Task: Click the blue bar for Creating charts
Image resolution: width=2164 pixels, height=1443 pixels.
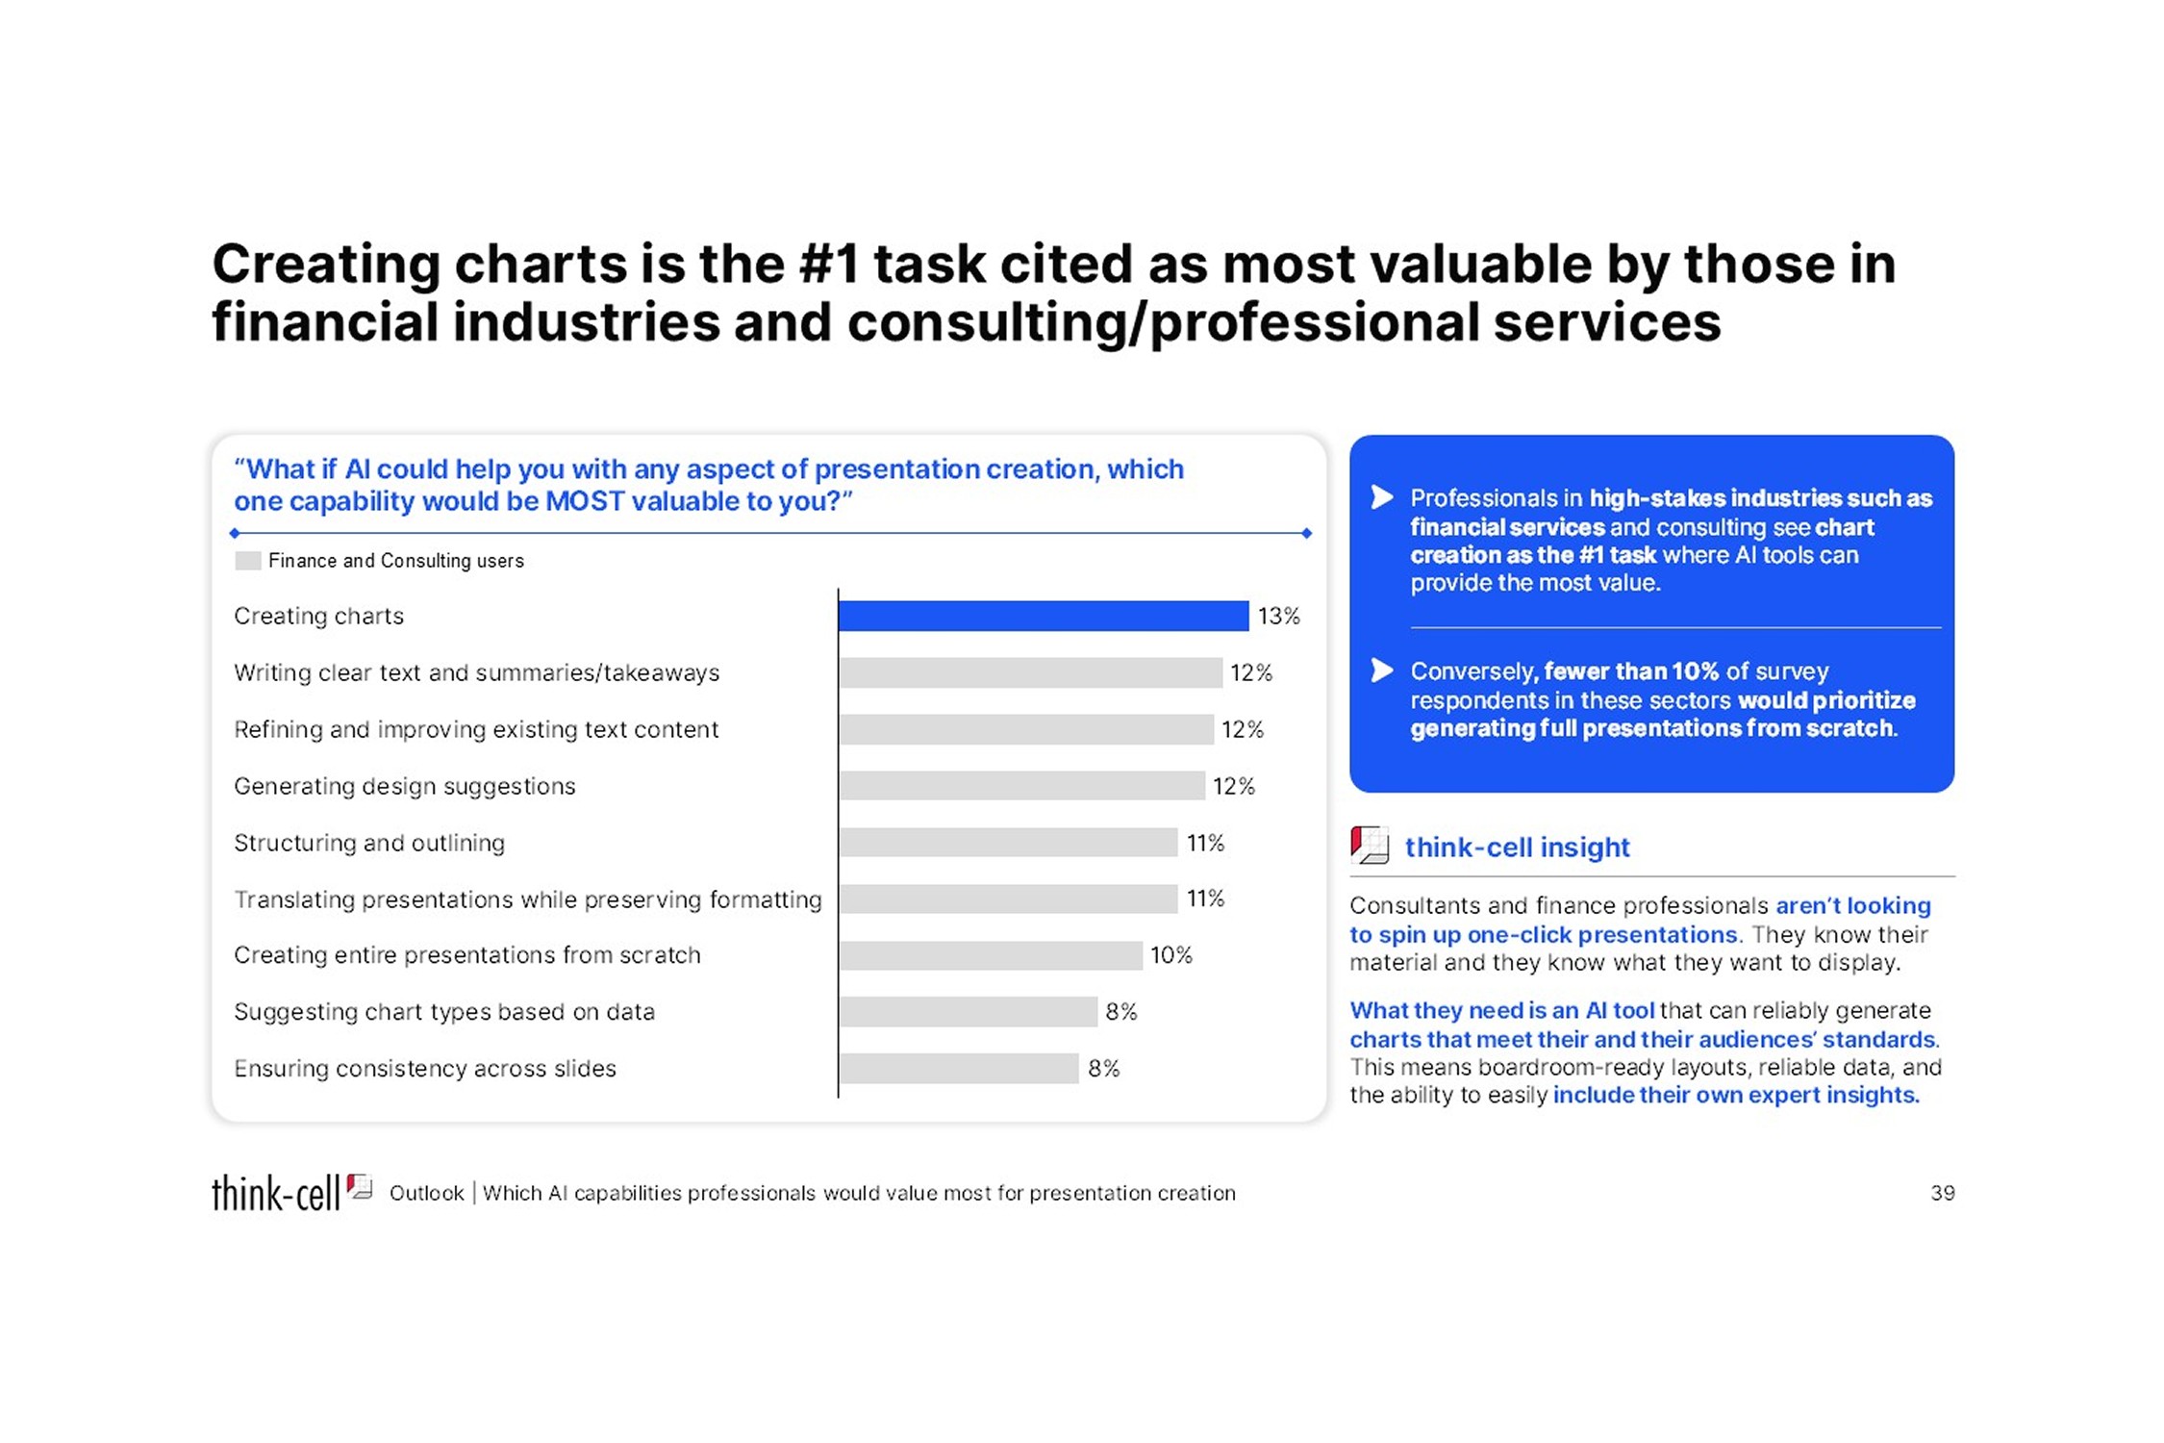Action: click(x=1044, y=616)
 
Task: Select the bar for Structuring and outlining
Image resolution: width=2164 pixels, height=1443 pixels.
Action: click(x=1008, y=843)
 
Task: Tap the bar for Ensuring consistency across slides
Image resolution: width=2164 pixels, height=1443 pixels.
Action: click(x=959, y=1069)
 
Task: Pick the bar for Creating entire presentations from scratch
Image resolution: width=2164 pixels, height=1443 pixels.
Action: click(x=991, y=955)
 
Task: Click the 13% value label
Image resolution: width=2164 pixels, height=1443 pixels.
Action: click(x=1278, y=616)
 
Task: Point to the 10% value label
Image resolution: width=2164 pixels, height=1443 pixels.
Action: click(x=1171, y=955)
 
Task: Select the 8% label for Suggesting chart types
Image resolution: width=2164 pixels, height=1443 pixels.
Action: click(x=1121, y=1012)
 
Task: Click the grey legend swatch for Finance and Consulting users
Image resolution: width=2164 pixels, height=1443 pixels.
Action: click(x=248, y=561)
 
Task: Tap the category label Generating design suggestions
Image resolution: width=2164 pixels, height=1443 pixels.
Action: click(x=405, y=787)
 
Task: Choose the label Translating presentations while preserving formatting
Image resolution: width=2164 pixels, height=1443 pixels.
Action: click(x=528, y=899)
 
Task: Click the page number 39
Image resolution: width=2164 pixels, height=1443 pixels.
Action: click(x=1942, y=1193)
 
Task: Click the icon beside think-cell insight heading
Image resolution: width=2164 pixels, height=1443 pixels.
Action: click(x=1370, y=846)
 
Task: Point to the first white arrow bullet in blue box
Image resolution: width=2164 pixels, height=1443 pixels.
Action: click(x=1382, y=497)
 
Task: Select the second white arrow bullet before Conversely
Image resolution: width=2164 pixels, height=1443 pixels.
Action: click(x=1382, y=670)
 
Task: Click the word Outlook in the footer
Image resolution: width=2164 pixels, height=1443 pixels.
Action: click(x=426, y=1194)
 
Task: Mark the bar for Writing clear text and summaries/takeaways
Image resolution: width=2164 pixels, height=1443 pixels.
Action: click(x=1030, y=672)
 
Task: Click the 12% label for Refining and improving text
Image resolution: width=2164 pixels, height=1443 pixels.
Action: click(x=1242, y=729)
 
